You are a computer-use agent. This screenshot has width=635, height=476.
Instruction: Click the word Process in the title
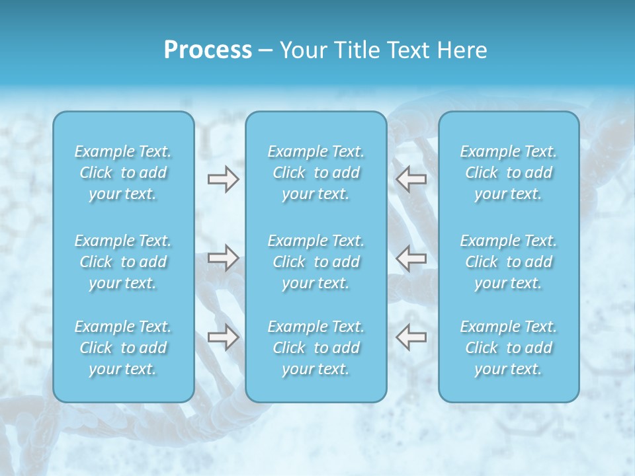pos(208,50)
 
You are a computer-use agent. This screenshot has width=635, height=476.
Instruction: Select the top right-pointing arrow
pos(223,179)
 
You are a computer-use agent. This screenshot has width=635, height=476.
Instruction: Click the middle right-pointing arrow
pos(223,258)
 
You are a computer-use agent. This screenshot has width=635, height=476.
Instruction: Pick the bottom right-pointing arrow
pos(223,337)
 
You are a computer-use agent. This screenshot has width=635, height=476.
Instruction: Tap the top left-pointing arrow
pos(411,179)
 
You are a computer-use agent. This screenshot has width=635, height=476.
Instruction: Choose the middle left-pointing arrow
pos(411,258)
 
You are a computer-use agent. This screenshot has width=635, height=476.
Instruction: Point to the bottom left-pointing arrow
pos(411,337)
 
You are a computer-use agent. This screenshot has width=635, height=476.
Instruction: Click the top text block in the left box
pos(123,173)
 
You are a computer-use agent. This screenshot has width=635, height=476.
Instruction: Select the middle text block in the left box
pos(123,262)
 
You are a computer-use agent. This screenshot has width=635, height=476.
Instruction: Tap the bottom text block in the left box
pos(123,348)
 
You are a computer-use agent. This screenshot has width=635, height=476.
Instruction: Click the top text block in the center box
pos(316,173)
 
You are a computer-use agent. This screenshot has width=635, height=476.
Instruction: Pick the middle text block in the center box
pos(316,262)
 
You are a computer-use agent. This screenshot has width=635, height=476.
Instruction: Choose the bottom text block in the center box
pos(316,348)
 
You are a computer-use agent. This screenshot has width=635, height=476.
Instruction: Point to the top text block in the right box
pos(509,173)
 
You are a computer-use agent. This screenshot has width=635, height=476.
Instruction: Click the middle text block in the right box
pos(509,262)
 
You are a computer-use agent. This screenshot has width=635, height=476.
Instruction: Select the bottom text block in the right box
pos(509,348)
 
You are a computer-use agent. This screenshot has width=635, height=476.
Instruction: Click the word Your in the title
pos(301,50)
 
